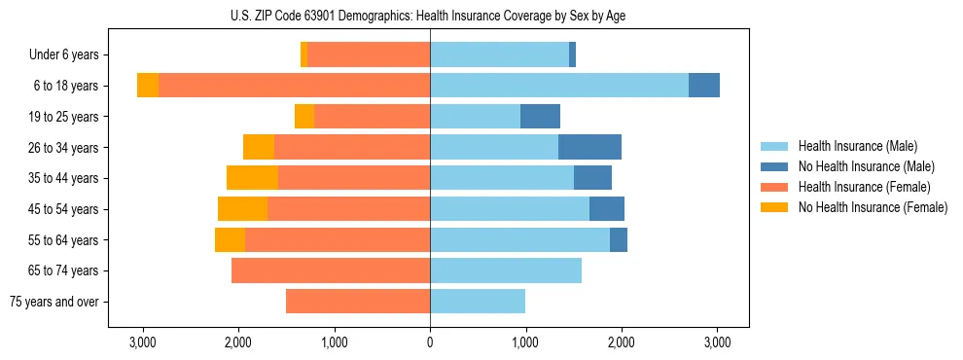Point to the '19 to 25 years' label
[x=64, y=117]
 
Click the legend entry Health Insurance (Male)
[x=857, y=146]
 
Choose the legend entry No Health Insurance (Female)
[x=873, y=207]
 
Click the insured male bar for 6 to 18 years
[x=559, y=86]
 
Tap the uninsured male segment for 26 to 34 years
[x=589, y=147]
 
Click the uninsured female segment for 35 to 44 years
[x=252, y=178]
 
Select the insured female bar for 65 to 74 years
[x=331, y=270]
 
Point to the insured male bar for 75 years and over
[x=478, y=302]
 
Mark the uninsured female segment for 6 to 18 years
[x=148, y=86]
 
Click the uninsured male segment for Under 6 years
[x=572, y=55]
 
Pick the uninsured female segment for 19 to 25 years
[x=304, y=117]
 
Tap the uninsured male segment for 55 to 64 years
[x=619, y=239]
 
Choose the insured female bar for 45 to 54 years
[x=348, y=209]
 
